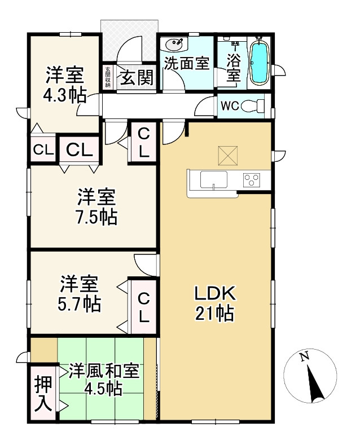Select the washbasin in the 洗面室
click(174, 45)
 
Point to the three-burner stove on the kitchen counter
click(251, 179)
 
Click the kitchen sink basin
click(214, 179)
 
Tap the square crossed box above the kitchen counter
click(228, 156)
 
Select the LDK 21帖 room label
click(214, 303)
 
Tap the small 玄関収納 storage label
click(108, 77)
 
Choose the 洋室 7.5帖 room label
click(97, 207)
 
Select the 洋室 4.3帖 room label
click(65, 84)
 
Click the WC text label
click(230, 106)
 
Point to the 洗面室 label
click(187, 63)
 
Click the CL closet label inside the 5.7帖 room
click(144, 307)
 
